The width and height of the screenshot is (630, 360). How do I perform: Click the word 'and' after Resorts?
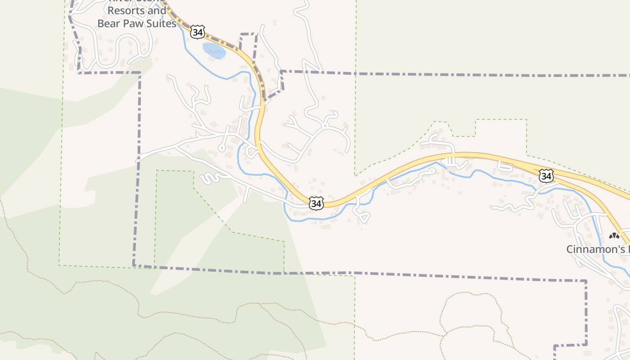(157, 10)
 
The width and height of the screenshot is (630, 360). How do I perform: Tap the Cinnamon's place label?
(597, 249)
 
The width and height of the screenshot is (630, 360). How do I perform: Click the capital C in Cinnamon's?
(570, 249)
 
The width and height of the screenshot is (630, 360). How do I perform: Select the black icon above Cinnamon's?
(614, 236)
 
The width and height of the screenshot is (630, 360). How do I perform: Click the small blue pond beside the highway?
(214, 50)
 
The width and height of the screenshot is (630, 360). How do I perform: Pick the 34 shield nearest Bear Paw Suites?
(198, 31)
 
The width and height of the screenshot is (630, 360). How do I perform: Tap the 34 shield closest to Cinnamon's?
(546, 176)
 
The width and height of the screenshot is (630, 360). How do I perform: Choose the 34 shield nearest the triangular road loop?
(316, 203)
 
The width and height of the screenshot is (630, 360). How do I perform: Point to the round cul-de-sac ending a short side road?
(221, 148)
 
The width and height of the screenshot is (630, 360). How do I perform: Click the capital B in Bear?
(101, 23)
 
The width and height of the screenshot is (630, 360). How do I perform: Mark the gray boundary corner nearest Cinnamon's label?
(586, 281)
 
